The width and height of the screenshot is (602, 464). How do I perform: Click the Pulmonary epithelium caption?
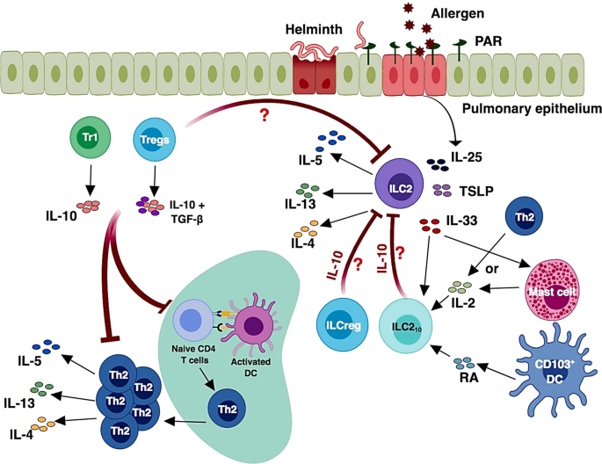click(x=519, y=109)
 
